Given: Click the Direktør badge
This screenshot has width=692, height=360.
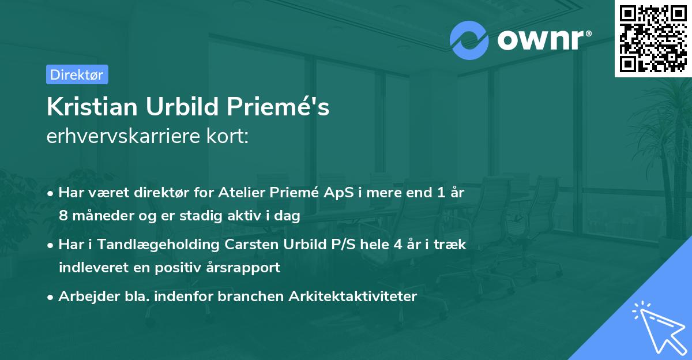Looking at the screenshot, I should click(77, 74).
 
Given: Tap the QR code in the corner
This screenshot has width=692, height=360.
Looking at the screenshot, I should click(653, 38).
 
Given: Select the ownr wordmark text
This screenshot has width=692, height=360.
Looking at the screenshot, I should click(543, 40).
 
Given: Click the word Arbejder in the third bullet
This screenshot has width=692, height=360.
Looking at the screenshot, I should click(82, 296).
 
